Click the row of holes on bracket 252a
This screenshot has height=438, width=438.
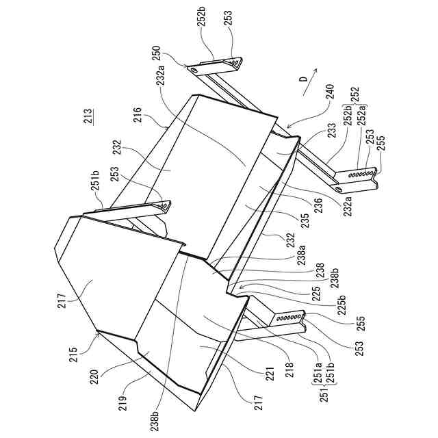(x=361, y=175)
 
